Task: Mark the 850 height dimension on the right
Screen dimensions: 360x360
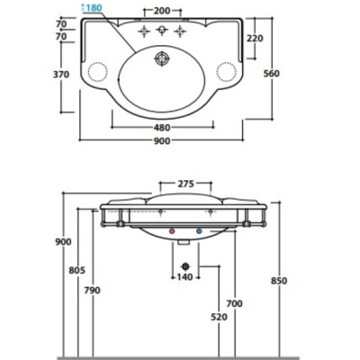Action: pos(279,280)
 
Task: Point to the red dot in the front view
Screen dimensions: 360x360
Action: pos(173,231)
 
